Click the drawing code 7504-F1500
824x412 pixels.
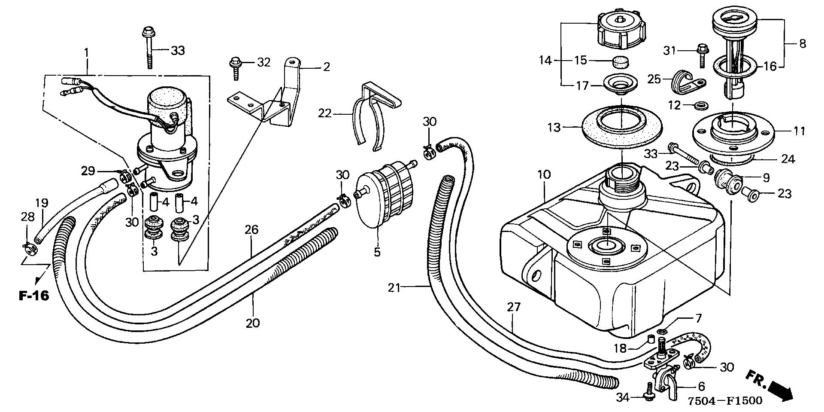click(725, 400)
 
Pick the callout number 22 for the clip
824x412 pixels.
click(326, 113)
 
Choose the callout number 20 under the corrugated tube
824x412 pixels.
click(253, 323)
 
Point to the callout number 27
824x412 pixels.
click(513, 308)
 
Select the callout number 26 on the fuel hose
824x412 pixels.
click(252, 230)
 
